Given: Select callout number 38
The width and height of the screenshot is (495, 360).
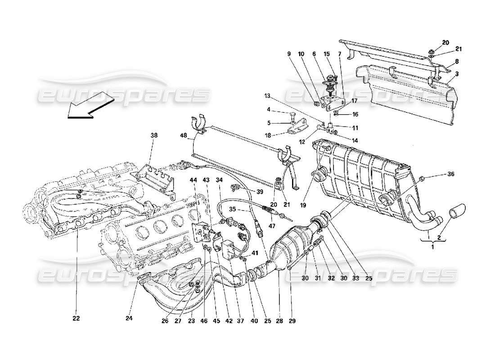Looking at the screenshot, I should pos(154,135).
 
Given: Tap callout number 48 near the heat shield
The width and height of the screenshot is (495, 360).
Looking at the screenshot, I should pos(183,135).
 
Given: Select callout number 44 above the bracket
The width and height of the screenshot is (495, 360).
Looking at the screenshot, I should pos(193,180).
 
